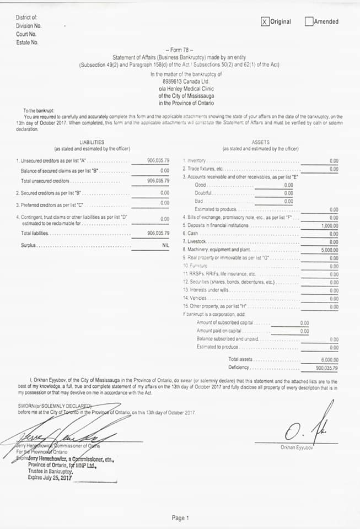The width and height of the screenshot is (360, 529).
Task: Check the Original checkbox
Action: click(x=265, y=21)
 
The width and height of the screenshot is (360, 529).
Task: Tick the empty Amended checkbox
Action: click(x=309, y=21)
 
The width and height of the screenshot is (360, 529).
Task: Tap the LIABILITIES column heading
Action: click(x=92, y=142)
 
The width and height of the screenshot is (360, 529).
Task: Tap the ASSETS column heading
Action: click(x=260, y=142)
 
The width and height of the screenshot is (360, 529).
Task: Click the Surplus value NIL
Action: click(x=165, y=245)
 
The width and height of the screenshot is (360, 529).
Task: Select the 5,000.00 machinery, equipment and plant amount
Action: click(x=330, y=250)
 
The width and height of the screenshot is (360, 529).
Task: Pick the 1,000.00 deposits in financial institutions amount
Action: click(x=330, y=226)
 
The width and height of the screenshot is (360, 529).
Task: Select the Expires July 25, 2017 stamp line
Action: click(x=50, y=477)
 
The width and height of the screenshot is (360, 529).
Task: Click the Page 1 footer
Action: click(x=180, y=518)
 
